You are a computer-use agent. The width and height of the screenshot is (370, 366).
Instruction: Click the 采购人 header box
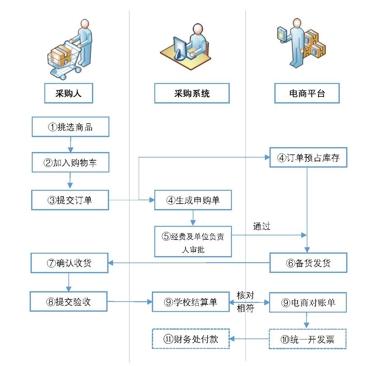coord(68,93)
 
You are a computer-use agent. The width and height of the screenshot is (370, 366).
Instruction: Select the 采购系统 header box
coord(192,93)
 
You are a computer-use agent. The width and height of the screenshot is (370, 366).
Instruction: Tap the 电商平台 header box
coord(307,93)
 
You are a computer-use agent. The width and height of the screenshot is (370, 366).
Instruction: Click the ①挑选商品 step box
coord(71,127)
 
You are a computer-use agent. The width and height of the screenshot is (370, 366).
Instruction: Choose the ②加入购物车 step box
coord(71,162)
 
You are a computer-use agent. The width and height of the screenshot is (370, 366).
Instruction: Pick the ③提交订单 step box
coord(70,200)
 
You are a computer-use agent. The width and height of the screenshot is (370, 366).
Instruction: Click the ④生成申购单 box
coord(193,200)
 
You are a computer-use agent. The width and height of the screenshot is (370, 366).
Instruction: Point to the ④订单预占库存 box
coord(308,158)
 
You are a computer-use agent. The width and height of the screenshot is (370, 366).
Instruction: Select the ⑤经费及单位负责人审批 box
coord(193,241)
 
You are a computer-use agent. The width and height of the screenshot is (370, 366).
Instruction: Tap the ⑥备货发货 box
coord(308,263)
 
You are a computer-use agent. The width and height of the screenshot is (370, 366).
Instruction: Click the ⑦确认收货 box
coord(69,263)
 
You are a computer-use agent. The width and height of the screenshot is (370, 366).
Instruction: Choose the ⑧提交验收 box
coord(68,302)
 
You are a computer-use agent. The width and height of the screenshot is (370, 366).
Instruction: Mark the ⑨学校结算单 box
coord(191,302)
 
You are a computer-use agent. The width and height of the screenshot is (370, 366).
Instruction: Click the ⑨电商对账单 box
coord(308,303)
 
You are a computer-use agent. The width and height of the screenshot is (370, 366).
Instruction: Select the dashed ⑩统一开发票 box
coord(307,339)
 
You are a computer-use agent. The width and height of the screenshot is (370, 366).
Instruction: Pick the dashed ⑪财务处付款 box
coord(191,339)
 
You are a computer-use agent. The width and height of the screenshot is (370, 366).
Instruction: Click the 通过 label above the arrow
coord(262,226)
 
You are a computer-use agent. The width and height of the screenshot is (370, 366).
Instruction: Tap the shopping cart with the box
coord(63,60)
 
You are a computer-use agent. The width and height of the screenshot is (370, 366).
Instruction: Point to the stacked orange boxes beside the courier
coord(315,44)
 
